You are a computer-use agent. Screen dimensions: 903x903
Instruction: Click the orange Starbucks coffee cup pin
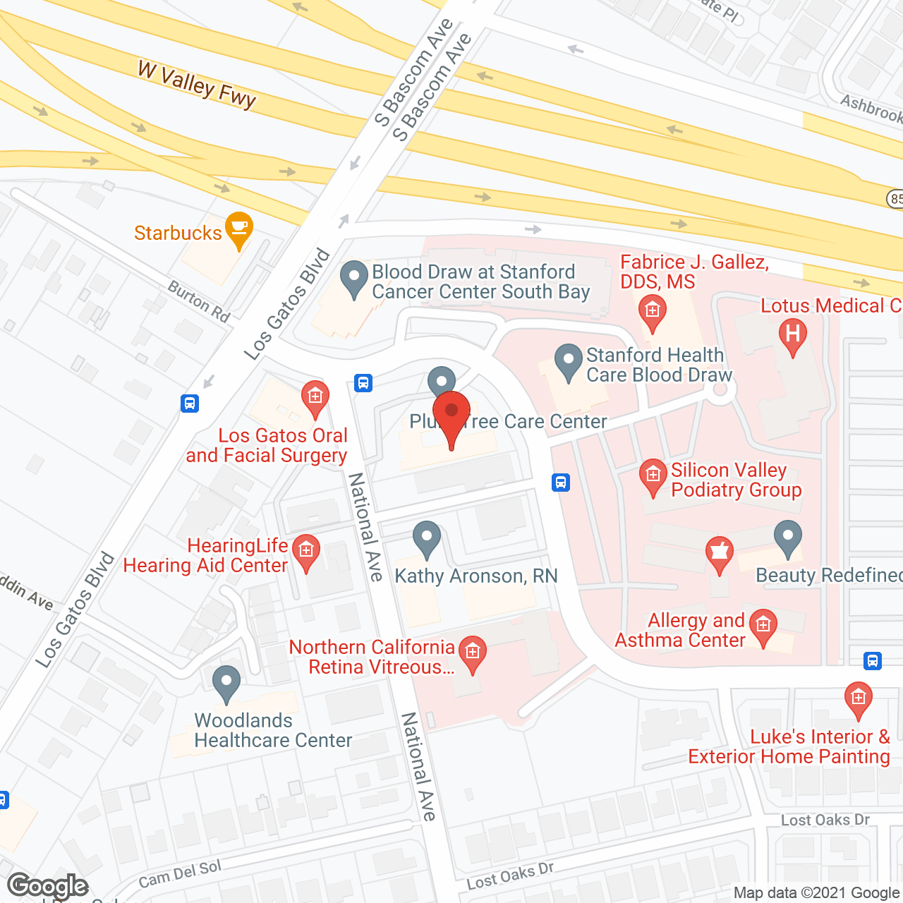[x=240, y=229]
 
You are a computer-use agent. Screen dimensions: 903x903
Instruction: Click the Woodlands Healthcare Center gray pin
[x=226, y=682]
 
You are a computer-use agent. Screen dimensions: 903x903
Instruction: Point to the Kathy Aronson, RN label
[x=476, y=576]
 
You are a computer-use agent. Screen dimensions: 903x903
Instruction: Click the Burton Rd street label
[x=199, y=302]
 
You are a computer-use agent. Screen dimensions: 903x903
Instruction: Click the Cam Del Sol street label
[x=180, y=874]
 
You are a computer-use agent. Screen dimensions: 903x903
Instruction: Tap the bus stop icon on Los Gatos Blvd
[x=189, y=404]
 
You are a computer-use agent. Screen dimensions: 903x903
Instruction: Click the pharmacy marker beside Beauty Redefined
[x=719, y=552]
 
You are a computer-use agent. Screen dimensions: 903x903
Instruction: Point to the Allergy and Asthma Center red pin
[x=763, y=626]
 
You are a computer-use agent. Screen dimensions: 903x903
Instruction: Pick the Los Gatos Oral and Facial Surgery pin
[x=315, y=398]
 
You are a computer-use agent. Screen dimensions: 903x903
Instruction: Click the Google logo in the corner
[x=48, y=886]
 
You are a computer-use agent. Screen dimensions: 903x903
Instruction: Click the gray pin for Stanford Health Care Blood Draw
[x=568, y=360]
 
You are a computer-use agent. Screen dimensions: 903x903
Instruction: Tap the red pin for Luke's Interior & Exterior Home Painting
[x=858, y=699]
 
